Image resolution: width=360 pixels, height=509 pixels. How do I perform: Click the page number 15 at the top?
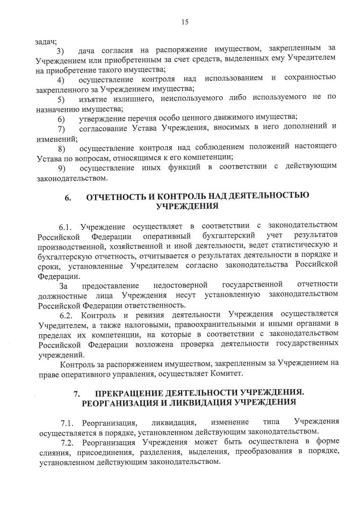[185, 22]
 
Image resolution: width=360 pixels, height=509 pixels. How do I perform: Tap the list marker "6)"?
[61, 118]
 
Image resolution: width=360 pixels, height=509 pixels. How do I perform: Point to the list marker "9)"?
[61, 167]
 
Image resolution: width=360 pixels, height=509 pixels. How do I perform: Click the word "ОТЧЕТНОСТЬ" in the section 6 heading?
[117, 197]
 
